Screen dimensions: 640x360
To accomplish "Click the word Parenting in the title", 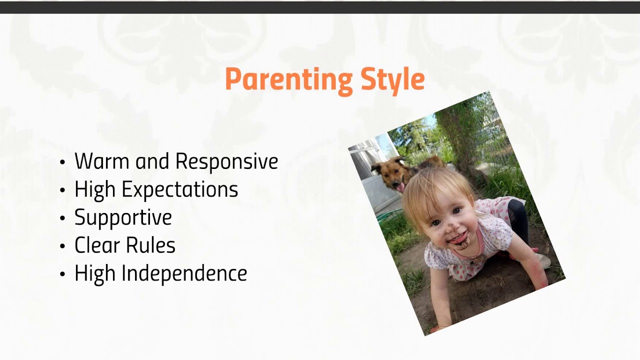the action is (x=288, y=79).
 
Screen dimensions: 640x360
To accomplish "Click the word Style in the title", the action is (x=392, y=79).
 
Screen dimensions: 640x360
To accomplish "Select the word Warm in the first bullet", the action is (x=102, y=161).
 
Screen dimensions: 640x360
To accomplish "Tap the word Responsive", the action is (x=226, y=161).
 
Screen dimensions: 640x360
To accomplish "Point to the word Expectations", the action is (x=180, y=189).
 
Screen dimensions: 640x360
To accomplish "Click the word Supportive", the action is (x=123, y=217).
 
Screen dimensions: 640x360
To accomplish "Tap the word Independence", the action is (x=184, y=273).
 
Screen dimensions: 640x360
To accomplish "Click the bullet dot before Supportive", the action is (x=62, y=218).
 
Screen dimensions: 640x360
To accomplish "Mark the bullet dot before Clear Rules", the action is (x=62, y=246).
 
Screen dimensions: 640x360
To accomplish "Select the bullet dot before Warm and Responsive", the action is (x=62, y=162).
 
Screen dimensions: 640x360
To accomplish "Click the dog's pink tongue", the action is (x=400, y=187).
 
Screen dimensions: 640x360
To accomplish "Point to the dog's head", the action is (x=391, y=173).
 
